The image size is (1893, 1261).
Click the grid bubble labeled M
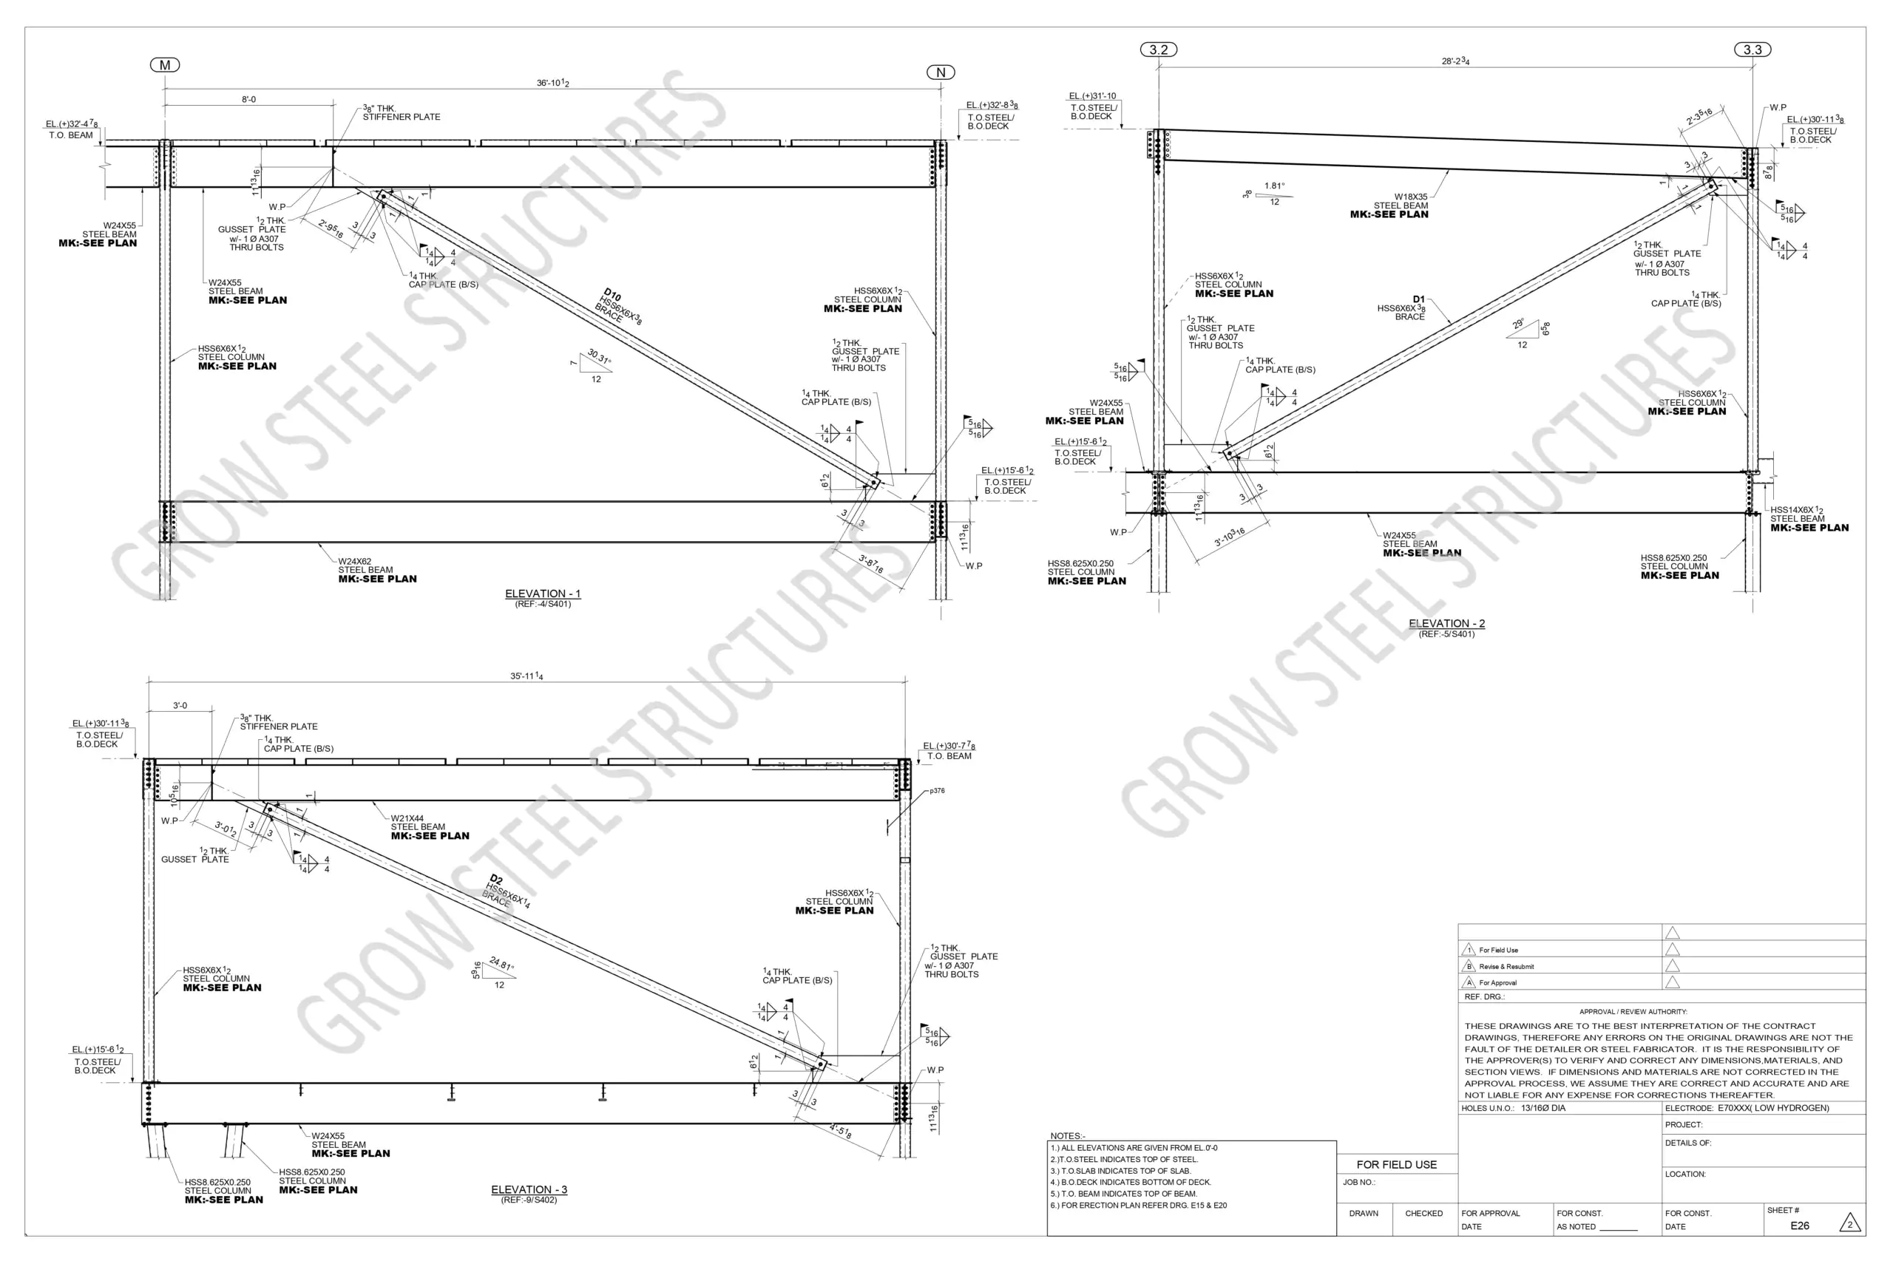click(x=165, y=65)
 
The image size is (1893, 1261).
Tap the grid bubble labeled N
click(x=941, y=72)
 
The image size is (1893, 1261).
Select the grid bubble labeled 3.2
click(x=1159, y=50)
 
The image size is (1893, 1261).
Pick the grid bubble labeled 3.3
click(x=1753, y=50)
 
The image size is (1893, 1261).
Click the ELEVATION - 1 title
click(x=542, y=594)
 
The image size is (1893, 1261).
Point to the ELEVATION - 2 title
click(x=1446, y=623)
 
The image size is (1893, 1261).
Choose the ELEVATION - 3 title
click(x=529, y=1189)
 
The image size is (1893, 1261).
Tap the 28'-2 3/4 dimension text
click(x=1455, y=61)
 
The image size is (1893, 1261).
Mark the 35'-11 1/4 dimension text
click(x=526, y=676)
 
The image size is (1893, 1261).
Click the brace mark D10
click(x=612, y=294)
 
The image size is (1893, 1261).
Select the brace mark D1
click(x=1418, y=299)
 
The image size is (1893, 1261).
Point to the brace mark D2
click(x=496, y=880)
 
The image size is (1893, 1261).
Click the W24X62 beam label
click(x=355, y=561)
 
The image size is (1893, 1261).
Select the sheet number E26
click(x=1800, y=1226)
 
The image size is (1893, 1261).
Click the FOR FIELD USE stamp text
click(x=1396, y=1164)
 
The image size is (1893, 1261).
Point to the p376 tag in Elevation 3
click(x=937, y=791)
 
